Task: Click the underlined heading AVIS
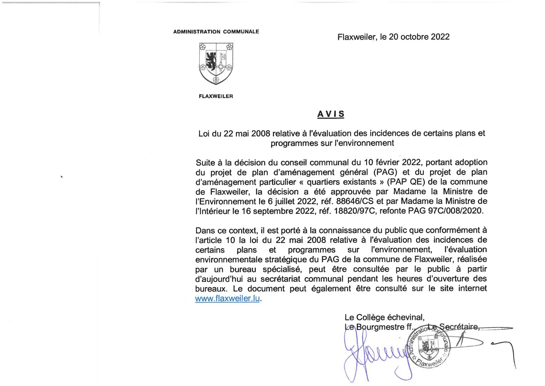(x=331, y=114)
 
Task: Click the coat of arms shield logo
(x=216, y=64)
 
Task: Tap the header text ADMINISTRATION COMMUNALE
(x=216, y=32)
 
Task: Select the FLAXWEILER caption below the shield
(x=216, y=96)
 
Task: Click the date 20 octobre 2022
(x=419, y=37)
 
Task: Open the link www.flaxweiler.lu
(x=227, y=298)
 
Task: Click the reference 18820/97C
(x=354, y=211)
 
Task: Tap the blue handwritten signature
(x=374, y=356)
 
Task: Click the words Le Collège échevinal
(x=384, y=317)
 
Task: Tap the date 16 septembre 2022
(x=278, y=211)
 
